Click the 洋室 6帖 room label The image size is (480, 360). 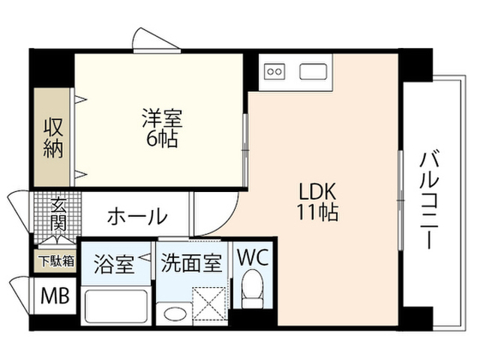[x=162, y=127]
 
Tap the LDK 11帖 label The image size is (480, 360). [x=317, y=202]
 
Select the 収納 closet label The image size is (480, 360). [x=53, y=138]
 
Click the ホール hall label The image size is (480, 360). [x=137, y=216]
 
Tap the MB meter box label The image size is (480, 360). [x=55, y=295]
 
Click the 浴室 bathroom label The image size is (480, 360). [x=114, y=263]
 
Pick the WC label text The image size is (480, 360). [x=253, y=257]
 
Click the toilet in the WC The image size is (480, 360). [x=253, y=289]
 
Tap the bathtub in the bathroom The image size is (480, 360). [x=116, y=306]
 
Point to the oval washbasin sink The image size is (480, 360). [x=175, y=314]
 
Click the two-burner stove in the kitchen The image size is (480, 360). [x=274, y=72]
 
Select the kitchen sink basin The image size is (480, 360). [x=313, y=72]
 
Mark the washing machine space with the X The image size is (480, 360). [x=210, y=304]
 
